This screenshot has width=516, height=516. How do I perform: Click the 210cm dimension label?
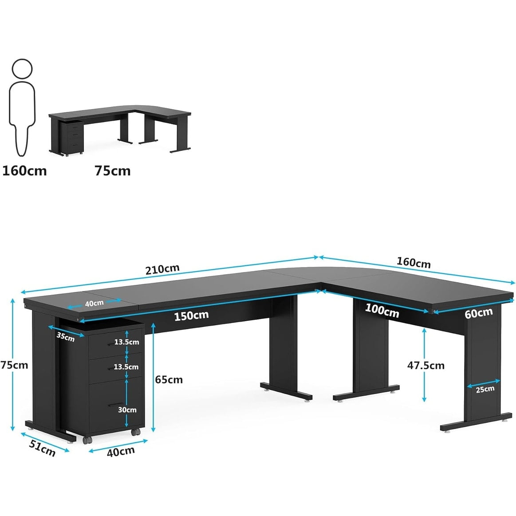[x=162, y=269]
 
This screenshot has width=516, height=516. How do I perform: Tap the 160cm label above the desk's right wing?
[x=414, y=262]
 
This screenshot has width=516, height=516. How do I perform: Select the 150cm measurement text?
[x=191, y=316]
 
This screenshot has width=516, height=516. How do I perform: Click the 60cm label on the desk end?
[x=479, y=313]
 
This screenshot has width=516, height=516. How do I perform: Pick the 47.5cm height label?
[x=426, y=365]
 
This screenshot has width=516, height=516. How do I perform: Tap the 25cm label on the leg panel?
[x=485, y=389]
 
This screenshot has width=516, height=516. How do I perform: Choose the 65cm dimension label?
[x=169, y=379]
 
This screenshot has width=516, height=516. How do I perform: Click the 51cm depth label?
[x=43, y=448]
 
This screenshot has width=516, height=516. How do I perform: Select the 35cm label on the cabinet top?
[x=66, y=337]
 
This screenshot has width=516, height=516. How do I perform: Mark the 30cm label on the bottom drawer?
[x=127, y=410]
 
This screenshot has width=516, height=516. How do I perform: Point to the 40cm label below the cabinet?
[x=121, y=451]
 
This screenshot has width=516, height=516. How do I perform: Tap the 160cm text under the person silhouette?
[x=24, y=171]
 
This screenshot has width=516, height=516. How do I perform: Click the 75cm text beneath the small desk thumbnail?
[x=113, y=171]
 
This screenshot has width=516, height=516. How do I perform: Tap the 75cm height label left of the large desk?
[x=14, y=365]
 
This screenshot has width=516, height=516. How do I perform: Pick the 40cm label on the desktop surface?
[x=95, y=303]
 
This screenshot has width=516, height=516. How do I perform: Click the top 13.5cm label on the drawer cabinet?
[x=126, y=342]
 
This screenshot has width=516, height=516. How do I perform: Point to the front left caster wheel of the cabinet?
[x=87, y=440]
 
